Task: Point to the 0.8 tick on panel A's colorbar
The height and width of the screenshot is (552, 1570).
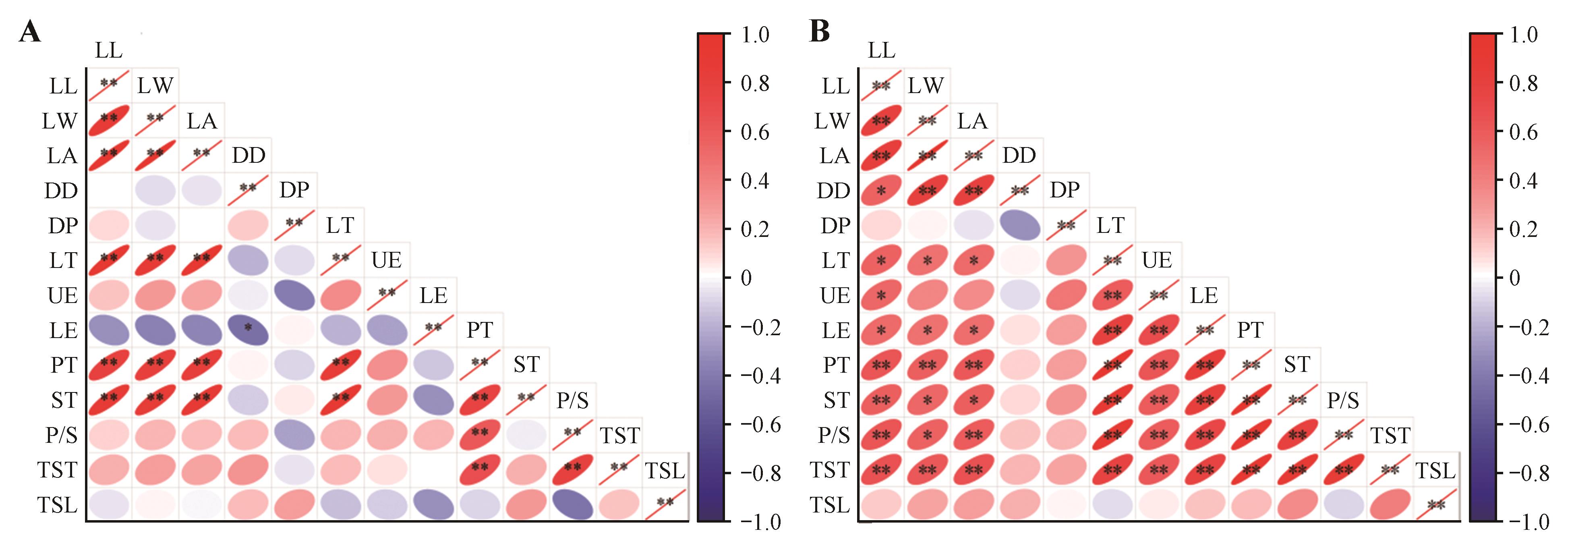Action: [754, 83]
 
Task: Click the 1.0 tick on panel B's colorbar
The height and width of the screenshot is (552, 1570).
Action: [1524, 35]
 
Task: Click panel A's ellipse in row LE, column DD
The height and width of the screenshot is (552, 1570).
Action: [248, 330]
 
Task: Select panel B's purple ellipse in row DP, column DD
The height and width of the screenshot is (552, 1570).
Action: [1020, 225]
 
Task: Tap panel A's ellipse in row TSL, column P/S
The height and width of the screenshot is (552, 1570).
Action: [572, 504]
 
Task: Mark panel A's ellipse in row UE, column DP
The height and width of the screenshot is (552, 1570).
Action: [294, 295]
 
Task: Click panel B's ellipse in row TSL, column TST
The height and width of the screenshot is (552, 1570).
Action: [1390, 504]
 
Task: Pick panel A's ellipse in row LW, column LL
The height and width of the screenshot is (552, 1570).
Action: [109, 120]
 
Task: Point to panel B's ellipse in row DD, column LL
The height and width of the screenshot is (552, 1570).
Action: [881, 190]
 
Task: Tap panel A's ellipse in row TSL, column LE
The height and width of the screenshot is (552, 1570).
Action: [433, 504]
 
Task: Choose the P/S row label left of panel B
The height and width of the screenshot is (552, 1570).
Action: [833, 435]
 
